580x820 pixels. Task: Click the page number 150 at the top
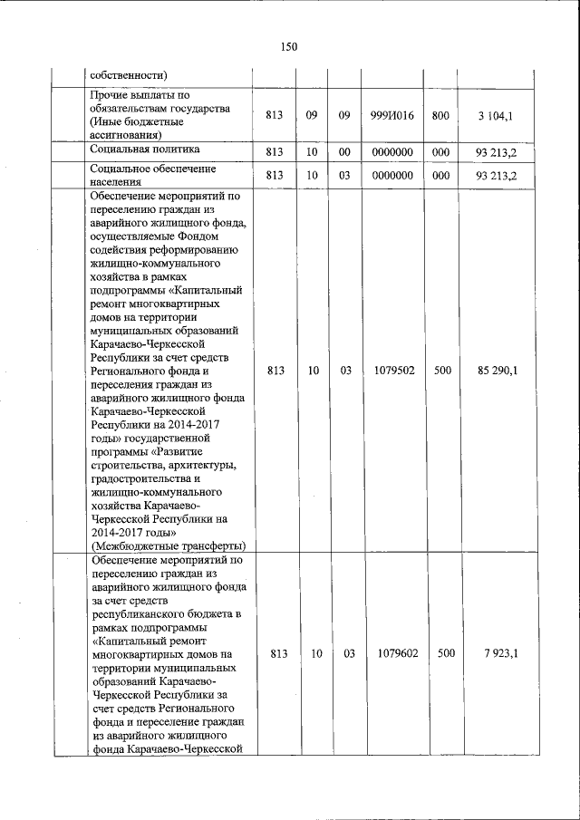tap(289, 47)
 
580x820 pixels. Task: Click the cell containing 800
tap(441, 116)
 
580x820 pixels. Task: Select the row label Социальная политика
tap(145, 149)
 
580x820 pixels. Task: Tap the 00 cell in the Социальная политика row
tap(344, 151)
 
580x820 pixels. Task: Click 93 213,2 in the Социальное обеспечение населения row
tap(496, 176)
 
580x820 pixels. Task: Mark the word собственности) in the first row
tap(128, 74)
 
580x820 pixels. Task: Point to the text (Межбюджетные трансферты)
tap(168, 545)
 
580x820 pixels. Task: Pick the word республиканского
tap(139, 614)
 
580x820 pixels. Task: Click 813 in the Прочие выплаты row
tap(275, 116)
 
